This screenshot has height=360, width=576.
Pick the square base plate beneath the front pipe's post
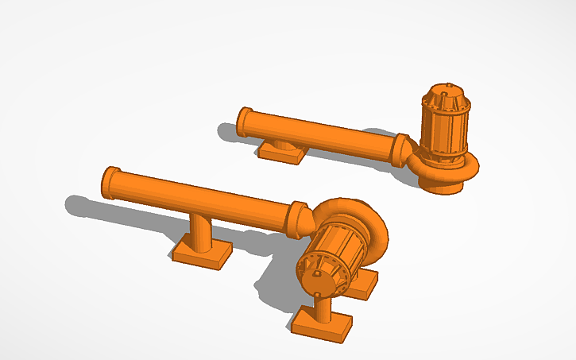click(202, 253)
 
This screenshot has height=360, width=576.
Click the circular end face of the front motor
click(320, 276)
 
